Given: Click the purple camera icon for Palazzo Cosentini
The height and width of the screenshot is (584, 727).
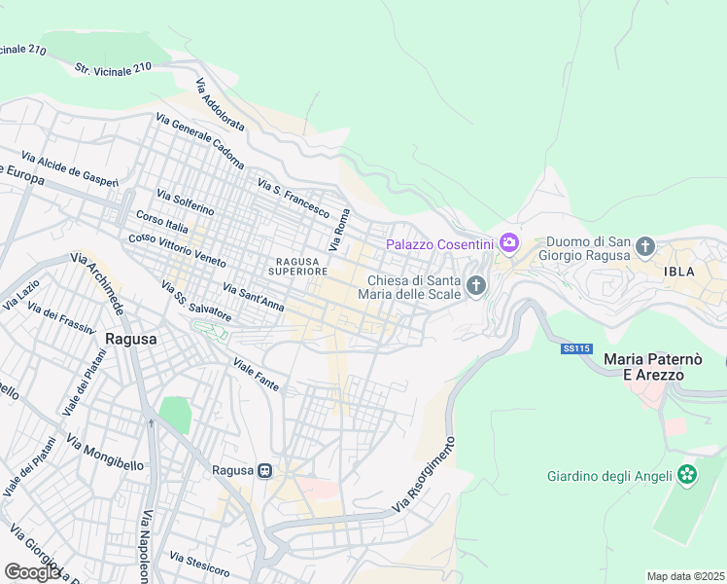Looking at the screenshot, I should pyautogui.click(x=508, y=243).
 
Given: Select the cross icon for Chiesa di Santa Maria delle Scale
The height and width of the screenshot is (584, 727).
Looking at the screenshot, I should pyautogui.click(x=475, y=285).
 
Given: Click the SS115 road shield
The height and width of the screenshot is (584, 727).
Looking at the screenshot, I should pyautogui.click(x=575, y=347).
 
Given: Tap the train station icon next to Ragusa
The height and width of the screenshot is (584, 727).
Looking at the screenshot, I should pyautogui.click(x=263, y=470).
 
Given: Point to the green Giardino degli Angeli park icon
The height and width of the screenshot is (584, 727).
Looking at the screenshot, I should pyautogui.click(x=688, y=475).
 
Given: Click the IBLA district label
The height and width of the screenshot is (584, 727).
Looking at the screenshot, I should pyautogui.click(x=679, y=272).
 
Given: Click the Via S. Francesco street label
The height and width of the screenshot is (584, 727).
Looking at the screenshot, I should pyautogui.click(x=294, y=197).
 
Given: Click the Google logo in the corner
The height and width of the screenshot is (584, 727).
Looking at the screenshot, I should pyautogui.click(x=32, y=572).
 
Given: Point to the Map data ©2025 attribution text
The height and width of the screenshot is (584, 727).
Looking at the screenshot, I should pyautogui.click(x=685, y=576).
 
